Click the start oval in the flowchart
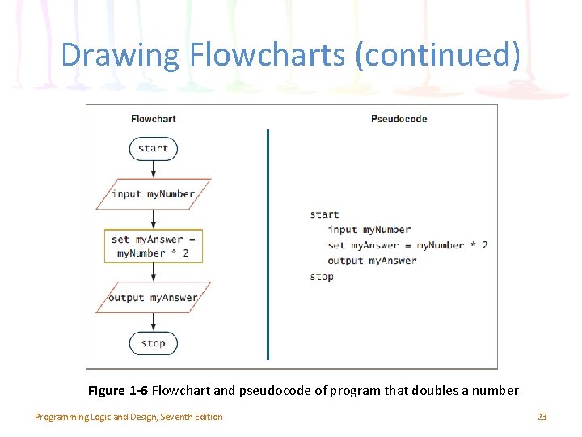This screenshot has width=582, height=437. (x=153, y=148)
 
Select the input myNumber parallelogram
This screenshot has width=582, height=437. (x=153, y=194)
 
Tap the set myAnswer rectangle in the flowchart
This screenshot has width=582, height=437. (x=153, y=246)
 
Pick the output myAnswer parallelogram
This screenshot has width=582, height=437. (x=153, y=298)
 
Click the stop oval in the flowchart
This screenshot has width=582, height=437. (x=153, y=343)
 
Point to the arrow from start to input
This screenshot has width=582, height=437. (x=153, y=169)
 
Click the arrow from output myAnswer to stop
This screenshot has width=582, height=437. (x=153, y=322)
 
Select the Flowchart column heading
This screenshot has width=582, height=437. (x=153, y=119)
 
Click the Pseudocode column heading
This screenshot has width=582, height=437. (x=399, y=119)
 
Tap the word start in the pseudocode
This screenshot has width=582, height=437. (x=324, y=214)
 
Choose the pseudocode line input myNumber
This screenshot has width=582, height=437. (x=369, y=230)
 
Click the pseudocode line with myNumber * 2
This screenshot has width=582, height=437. (x=407, y=245)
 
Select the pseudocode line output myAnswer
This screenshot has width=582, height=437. (x=372, y=261)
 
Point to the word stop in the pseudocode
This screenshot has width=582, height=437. (x=322, y=277)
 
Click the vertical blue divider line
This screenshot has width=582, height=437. (x=268, y=243)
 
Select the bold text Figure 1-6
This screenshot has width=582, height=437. (x=118, y=391)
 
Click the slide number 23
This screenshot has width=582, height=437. (x=542, y=417)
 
